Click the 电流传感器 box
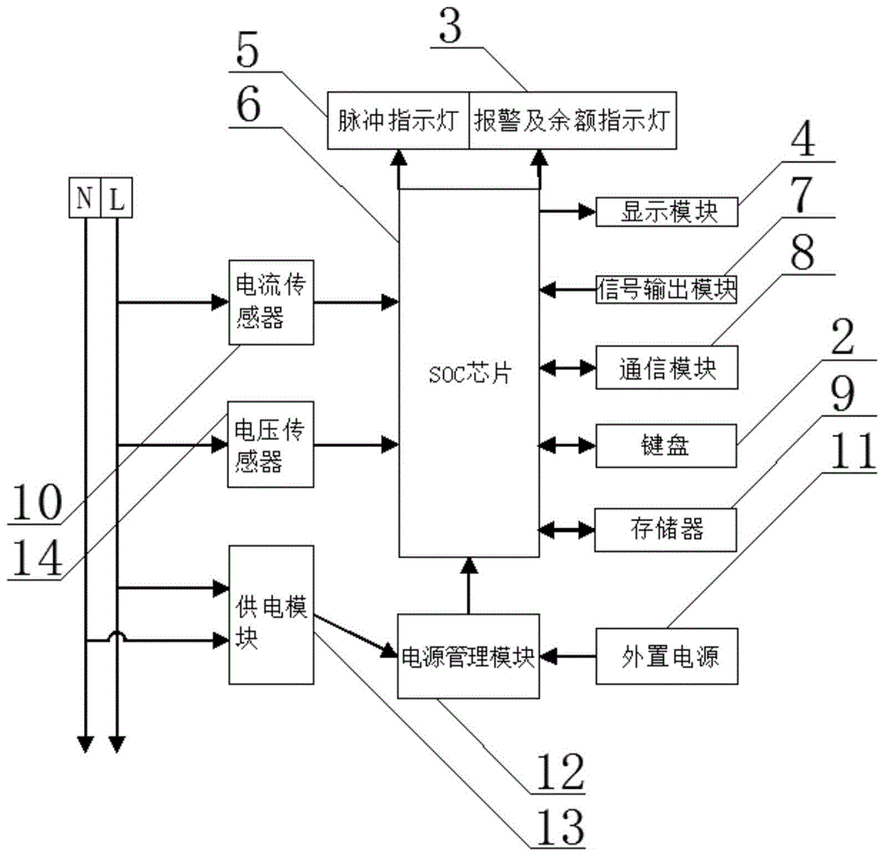[271, 302]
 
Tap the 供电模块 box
[271, 614]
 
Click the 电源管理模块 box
[469, 656]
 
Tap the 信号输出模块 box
[666, 288]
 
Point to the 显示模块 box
[666, 211]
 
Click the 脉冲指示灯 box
[397, 121]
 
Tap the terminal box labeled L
[117, 199]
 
